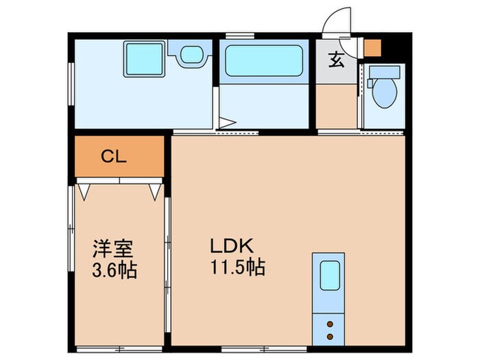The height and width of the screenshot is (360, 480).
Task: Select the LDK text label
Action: (232, 245)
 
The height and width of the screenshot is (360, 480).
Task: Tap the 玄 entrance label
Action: (336, 60)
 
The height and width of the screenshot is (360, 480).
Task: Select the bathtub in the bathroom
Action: (264, 60)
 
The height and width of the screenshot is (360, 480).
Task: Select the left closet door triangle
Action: (84, 190)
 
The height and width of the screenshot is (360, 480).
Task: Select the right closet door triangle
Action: (154, 190)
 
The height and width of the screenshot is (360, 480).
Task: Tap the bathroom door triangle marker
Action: (227, 123)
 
